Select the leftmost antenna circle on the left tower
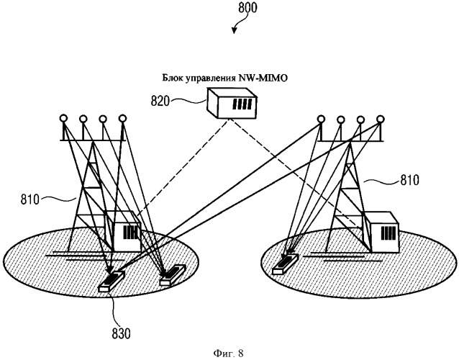click(x=64, y=119)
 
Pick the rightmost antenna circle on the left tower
click(x=122, y=118)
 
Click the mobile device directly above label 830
click(x=112, y=280)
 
